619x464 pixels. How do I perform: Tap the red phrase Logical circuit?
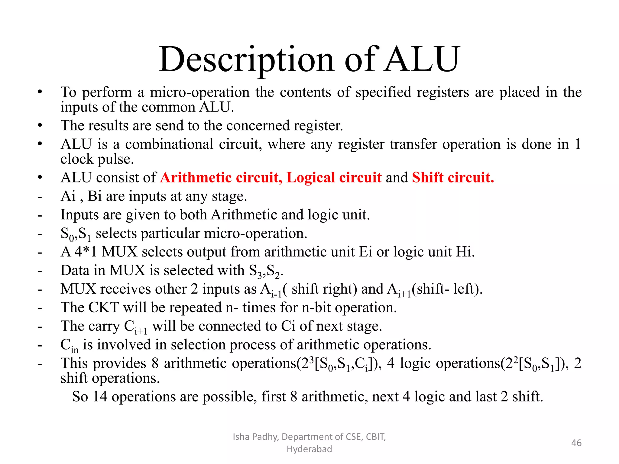[334, 177]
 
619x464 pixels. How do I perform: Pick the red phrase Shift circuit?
[453, 177]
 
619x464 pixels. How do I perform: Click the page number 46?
[576, 443]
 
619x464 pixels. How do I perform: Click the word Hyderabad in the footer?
[309, 449]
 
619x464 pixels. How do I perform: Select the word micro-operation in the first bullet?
[200, 92]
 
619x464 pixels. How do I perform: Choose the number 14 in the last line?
[100, 397]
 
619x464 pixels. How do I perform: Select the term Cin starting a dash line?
[69, 345]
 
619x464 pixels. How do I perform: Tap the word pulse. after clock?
[116, 159]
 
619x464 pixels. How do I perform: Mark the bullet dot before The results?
[40, 125]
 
